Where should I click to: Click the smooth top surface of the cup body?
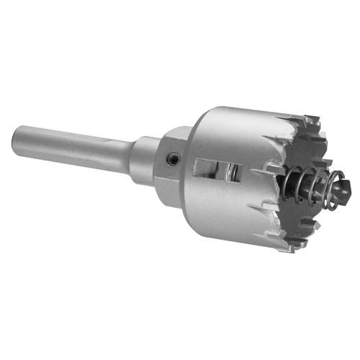tap(238, 122)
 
